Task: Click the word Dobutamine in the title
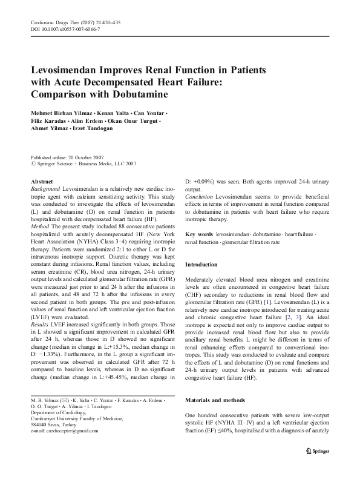tap(138, 95)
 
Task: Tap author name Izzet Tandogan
tap(93, 128)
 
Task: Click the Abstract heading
tap(42, 182)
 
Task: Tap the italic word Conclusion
tap(199, 196)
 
